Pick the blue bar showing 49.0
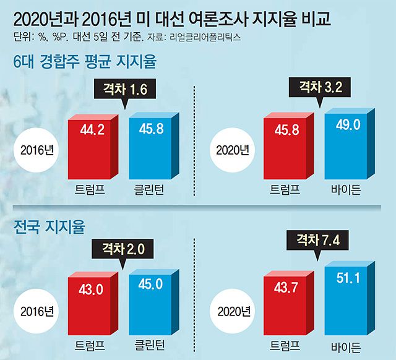(x=344, y=145)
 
